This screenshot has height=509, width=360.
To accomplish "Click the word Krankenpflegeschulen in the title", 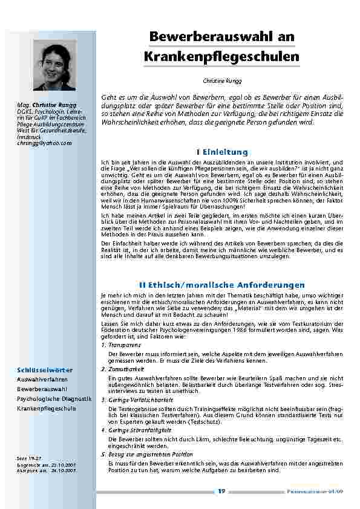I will [222, 57].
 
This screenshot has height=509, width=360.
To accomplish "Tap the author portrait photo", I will [55, 66].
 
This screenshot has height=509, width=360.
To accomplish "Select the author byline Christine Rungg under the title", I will [222, 80].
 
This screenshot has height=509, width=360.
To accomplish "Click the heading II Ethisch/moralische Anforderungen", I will [222, 284].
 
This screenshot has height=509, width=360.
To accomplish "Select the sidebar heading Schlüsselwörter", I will [45, 369].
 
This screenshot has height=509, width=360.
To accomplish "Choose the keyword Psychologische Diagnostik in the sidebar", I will [54, 398].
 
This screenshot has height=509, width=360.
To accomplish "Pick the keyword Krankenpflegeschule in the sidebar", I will [47, 408].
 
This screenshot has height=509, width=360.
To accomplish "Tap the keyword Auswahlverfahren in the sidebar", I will [42, 379].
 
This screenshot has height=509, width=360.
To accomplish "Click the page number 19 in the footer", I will [222, 490].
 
